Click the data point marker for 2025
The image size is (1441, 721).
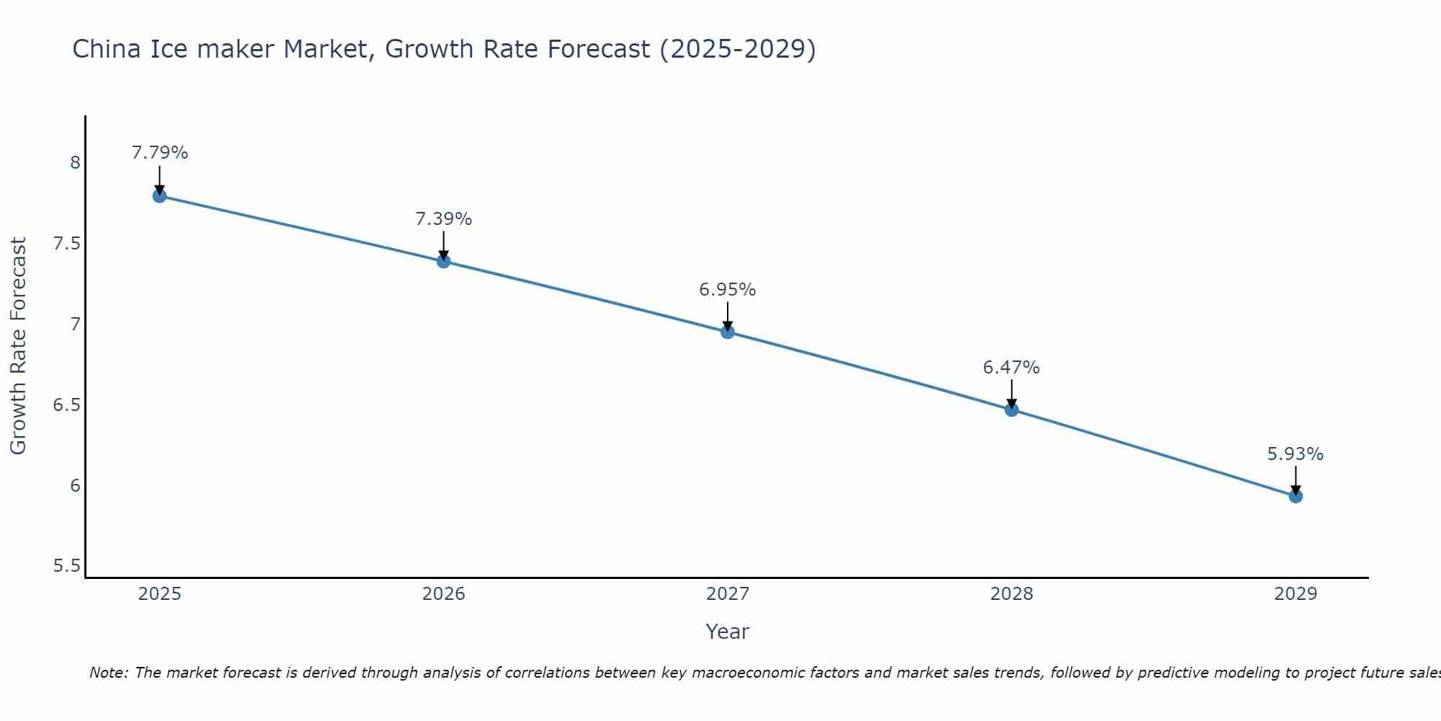coord(159,195)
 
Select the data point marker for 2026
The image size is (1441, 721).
coord(443,261)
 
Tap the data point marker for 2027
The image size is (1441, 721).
coord(727,332)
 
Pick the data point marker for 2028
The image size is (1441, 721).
coord(1011,410)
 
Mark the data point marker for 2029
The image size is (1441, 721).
coord(1295,496)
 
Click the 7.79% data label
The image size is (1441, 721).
coord(159,153)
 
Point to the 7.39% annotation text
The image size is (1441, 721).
coord(443,219)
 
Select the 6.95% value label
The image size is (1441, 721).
coord(727,290)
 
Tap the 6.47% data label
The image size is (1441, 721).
coord(1011,368)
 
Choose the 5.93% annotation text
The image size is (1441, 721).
coord(1295,454)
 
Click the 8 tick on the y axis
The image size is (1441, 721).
coord(75,162)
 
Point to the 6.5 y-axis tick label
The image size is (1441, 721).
coord(66,404)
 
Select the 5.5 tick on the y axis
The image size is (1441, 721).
coord(66,566)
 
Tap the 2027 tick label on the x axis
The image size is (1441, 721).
coord(727,594)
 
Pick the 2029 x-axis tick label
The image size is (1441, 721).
coord(1295,594)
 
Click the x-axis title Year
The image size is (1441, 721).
coord(727,632)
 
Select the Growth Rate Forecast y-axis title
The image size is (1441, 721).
coord(18,346)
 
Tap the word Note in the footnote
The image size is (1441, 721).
coord(107,673)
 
